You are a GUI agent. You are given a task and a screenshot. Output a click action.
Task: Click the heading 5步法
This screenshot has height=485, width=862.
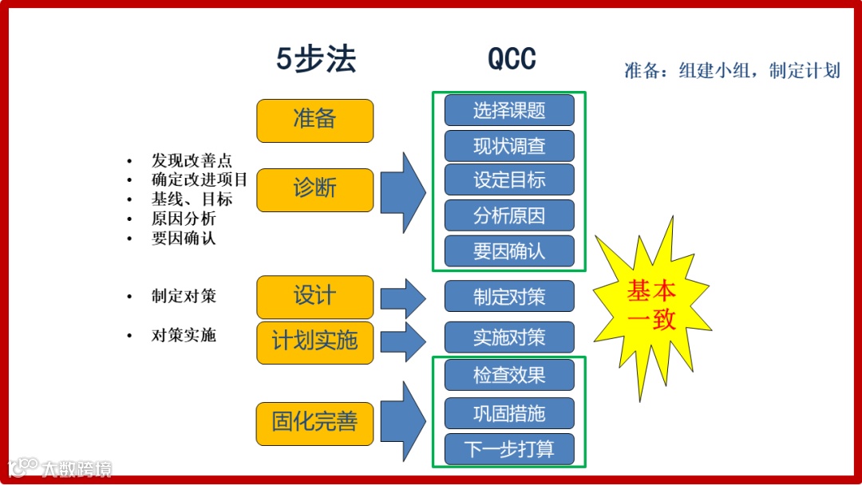coord(316,60)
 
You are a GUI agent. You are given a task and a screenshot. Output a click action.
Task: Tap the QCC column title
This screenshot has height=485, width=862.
coord(512,60)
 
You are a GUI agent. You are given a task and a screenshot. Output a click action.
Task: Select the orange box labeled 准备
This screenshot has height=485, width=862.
coord(314,120)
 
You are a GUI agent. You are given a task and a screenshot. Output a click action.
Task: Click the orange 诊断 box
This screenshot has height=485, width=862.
coord(314,190)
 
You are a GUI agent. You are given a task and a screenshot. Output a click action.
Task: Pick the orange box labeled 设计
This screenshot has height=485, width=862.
coord(314,297)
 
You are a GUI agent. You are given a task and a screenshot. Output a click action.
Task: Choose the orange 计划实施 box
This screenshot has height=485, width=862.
coord(314,342)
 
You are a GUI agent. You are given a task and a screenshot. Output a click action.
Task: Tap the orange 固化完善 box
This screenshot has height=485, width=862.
coord(314,424)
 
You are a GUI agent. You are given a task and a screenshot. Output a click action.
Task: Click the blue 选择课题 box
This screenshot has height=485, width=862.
coord(509,110)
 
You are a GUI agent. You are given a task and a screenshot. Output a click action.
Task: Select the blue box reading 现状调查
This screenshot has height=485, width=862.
coord(509,146)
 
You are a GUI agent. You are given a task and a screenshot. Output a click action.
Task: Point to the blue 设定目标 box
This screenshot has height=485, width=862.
coord(509,180)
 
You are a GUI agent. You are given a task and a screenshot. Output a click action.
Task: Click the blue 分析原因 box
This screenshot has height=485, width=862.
coord(509,215)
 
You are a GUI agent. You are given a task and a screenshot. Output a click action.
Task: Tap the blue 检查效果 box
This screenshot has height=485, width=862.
coord(509,375)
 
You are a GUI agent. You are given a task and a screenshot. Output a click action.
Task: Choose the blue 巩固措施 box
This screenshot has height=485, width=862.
coord(509,413)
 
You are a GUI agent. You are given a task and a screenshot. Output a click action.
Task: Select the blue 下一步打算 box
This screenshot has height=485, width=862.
coord(509,449)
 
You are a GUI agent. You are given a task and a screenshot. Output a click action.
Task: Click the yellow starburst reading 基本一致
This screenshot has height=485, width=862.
coord(651,306)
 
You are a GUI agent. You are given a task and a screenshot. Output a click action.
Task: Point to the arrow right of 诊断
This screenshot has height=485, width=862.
coord(403,191)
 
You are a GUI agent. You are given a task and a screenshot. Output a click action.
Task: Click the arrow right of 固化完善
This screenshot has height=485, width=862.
coord(403,422)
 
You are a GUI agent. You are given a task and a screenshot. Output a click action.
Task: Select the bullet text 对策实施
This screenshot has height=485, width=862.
coord(184,335)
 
